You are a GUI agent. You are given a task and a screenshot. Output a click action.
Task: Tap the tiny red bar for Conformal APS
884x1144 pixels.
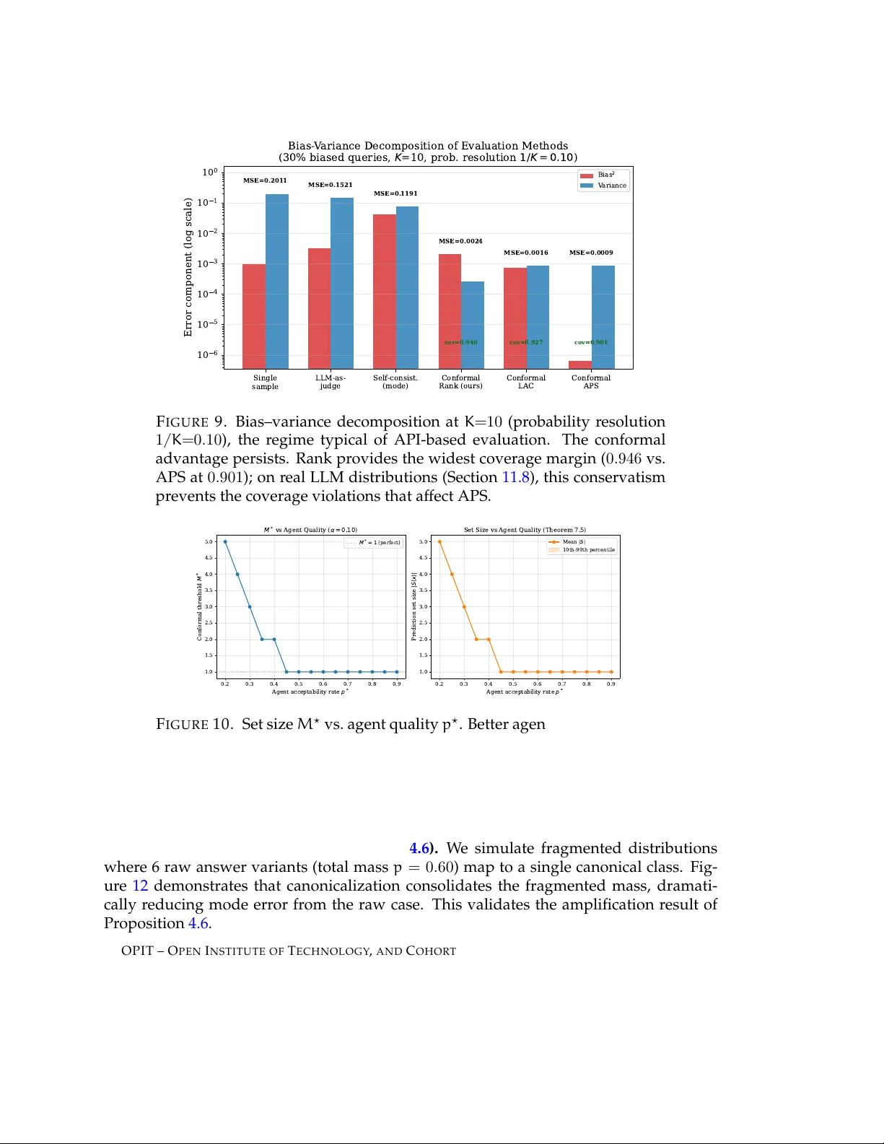coord(580,364)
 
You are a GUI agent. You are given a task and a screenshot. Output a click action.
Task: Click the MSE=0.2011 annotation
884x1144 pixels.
coord(265,180)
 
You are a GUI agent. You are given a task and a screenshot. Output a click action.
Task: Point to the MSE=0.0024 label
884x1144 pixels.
coord(460,241)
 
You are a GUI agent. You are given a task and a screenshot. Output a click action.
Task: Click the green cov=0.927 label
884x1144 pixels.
coord(526,342)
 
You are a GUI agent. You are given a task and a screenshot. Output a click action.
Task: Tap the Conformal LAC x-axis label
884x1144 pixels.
coord(526,382)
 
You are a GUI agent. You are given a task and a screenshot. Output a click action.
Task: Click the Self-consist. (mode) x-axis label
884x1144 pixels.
coord(395,382)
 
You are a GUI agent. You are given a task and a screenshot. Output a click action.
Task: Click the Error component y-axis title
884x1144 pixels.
coord(188,267)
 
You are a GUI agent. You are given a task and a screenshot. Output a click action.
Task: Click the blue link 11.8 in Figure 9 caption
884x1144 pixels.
coord(515,477)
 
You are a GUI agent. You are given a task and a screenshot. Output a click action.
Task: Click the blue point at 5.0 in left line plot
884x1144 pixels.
coord(225,541)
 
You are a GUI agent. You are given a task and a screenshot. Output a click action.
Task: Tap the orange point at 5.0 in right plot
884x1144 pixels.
coord(439,541)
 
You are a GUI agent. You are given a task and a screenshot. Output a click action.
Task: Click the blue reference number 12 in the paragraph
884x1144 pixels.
coord(140,886)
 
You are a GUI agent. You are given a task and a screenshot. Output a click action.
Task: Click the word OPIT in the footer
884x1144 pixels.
coord(137,951)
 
